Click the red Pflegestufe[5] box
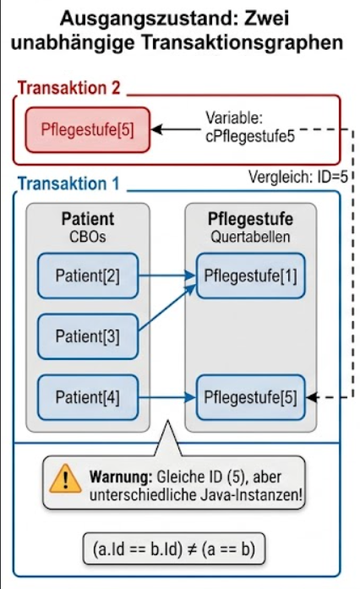pyautogui.click(x=88, y=130)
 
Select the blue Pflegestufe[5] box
pyautogui.click(x=250, y=397)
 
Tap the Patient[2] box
pyautogui.click(x=88, y=275)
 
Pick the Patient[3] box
pyautogui.click(x=88, y=336)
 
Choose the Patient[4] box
pyautogui.click(x=88, y=397)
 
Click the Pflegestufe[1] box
pyautogui.click(x=250, y=275)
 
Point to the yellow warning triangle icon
pyautogui.click(x=65, y=478)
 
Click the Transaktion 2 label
pyautogui.click(x=69, y=88)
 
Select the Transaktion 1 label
pyautogui.click(x=68, y=183)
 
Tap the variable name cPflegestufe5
pyautogui.click(x=250, y=136)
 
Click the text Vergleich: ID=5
pyautogui.click(x=298, y=177)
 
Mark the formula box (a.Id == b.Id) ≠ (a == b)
pyautogui.click(x=174, y=548)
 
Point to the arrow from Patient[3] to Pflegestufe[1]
pyautogui.click(x=167, y=308)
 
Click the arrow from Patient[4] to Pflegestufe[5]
pyautogui.click(x=167, y=397)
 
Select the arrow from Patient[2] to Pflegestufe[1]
pyautogui.click(x=167, y=275)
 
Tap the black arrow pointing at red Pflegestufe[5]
pyautogui.click(x=176, y=129)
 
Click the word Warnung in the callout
pyautogui.click(x=121, y=477)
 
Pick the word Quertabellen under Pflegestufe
pyautogui.click(x=250, y=237)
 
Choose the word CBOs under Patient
pyautogui.click(x=88, y=237)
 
